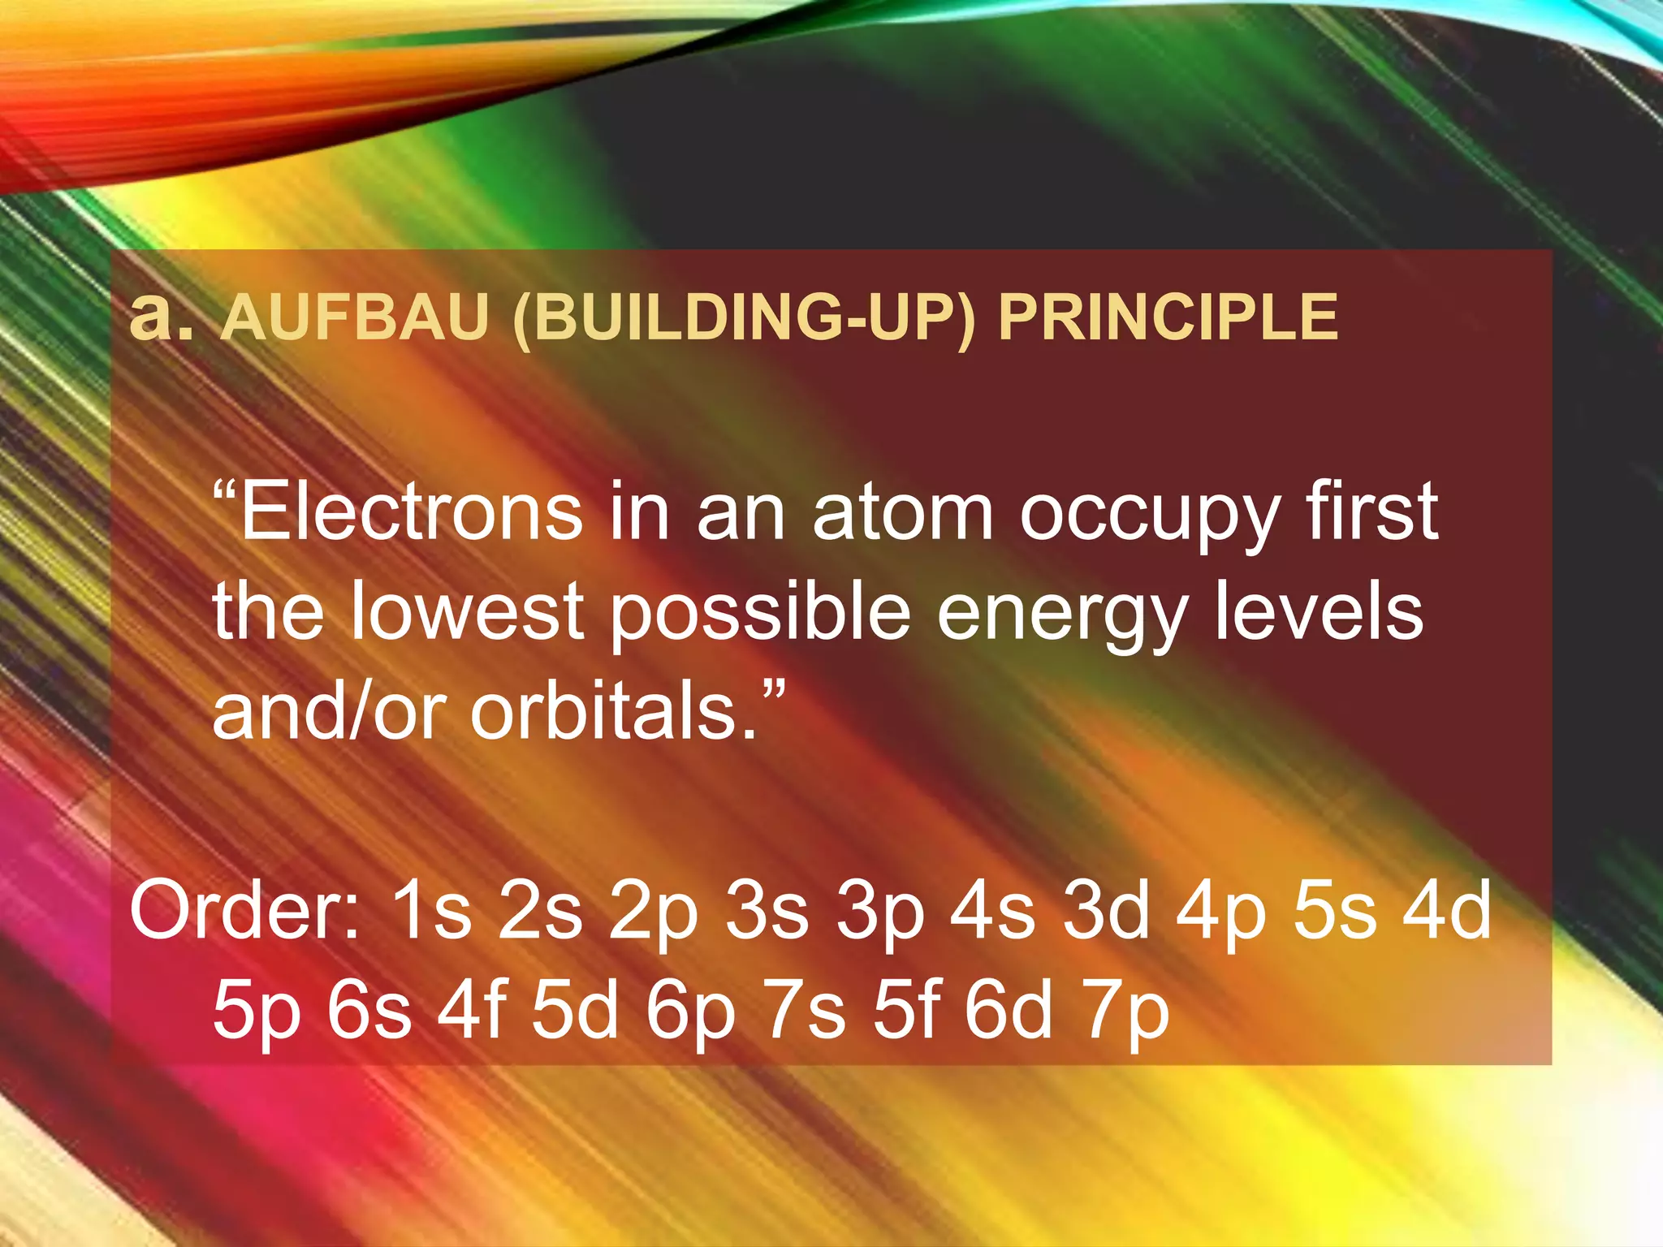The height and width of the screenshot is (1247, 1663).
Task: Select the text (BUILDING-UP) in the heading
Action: coord(743,318)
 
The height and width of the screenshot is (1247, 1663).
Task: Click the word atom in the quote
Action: coord(902,513)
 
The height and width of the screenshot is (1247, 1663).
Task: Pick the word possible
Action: coord(760,613)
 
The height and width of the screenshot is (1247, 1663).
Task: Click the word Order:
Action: coord(244,909)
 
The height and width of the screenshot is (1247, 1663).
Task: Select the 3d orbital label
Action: coord(1108,909)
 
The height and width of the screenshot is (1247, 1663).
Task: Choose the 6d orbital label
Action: coord(1008,1011)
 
